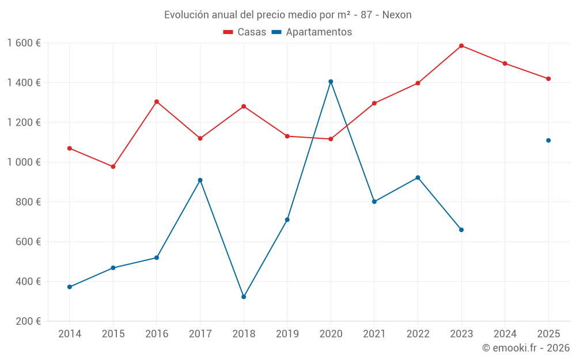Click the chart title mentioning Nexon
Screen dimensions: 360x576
tap(287, 15)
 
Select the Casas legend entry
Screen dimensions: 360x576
tap(245, 32)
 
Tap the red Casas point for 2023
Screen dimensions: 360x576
tap(461, 46)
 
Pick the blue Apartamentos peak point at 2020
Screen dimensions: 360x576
tap(331, 82)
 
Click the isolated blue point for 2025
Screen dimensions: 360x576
tap(548, 141)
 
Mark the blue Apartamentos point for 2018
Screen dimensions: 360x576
tap(244, 297)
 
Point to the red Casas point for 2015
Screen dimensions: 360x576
tap(113, 166)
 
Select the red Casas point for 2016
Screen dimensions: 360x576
tap(157, 102)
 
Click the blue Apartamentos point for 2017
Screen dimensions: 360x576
tap(200, 180)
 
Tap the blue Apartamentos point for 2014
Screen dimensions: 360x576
tap(70, 287)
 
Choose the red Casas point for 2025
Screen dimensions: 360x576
tap(548, 79)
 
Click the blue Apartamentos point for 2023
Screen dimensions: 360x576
tap(461, 230)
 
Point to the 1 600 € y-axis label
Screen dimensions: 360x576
tap(24, 43)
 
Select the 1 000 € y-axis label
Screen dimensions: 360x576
tap(24, 162)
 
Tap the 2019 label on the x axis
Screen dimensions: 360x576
tap(287, 334)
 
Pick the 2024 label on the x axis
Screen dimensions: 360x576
tap(505, 334)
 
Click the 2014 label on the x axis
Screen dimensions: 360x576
tap(70, 334)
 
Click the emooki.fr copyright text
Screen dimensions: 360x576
tap(525, 348)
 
